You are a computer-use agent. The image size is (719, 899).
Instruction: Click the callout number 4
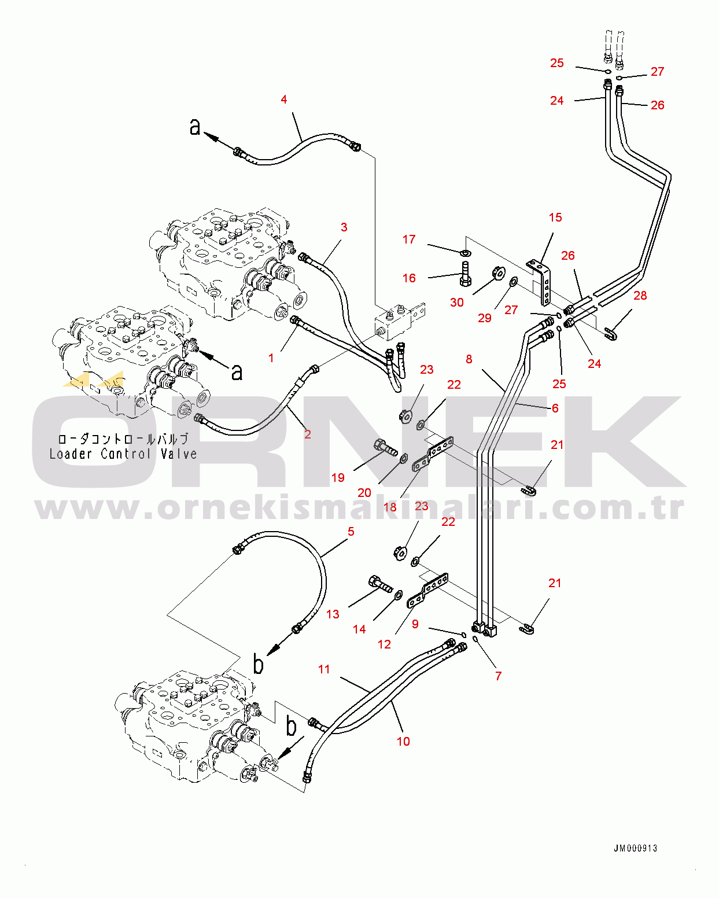click(283, 100)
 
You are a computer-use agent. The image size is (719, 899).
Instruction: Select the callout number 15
click(555, 218)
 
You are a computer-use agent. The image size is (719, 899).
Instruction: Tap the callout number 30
click(457, 302)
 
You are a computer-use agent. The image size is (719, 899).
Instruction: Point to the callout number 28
click(640, 296)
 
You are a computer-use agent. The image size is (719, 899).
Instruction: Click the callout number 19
click(338, 477)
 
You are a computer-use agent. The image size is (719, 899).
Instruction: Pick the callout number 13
click(333, 614)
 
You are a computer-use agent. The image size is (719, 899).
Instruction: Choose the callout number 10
click(403, 741)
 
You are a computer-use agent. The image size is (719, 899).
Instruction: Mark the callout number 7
click(498, 676)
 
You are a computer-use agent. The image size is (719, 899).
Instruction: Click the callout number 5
click(351, 531)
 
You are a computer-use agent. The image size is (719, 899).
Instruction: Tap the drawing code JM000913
click(635, 848)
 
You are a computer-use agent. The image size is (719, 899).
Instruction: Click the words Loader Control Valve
click(123, 454)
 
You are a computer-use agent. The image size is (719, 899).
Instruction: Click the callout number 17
click(409, 240)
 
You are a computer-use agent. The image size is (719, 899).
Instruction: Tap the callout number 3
click(344, 227)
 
